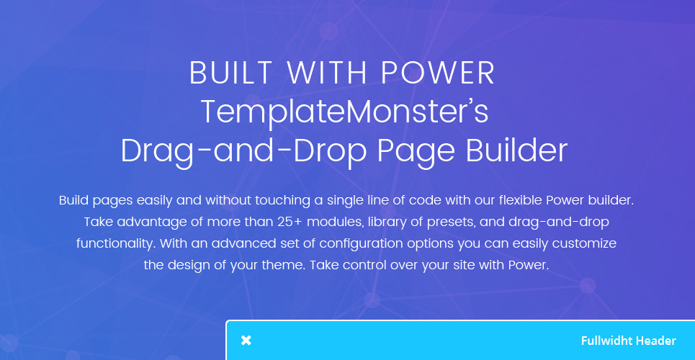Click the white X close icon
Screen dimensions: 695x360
coord(246,341)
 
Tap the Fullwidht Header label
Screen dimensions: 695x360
coord(629,341)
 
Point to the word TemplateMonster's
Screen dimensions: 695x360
coord(344,112)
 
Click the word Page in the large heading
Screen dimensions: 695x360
coord(416,152)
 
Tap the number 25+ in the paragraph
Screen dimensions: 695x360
coord(290,222)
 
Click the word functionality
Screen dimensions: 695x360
coord(116,244)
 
